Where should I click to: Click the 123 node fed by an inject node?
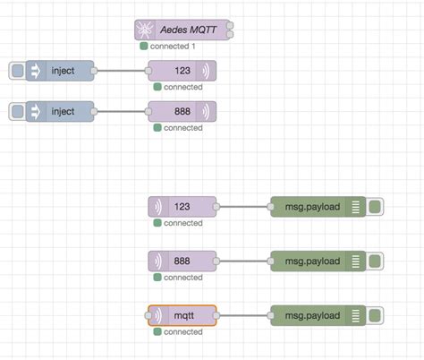pos(182,71)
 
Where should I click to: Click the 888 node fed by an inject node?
pos(182,111)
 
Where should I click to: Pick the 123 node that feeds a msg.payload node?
pos(182,207)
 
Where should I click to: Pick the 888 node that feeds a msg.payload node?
pos(182,261)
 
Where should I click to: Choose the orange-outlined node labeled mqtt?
pos(182,315)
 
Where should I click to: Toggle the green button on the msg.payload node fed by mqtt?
pos(375,315)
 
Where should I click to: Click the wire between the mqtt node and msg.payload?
pos(243,315)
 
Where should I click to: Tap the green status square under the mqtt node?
pos(157,331)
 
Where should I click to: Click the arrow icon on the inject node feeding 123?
pos(36,71)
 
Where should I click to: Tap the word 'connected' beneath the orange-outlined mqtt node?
pos(183,331)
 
